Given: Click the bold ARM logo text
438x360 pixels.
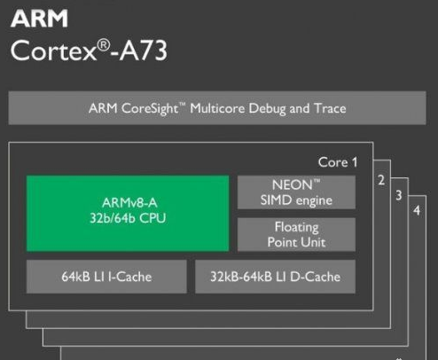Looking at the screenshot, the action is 39,19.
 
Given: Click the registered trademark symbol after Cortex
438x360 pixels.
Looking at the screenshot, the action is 104,45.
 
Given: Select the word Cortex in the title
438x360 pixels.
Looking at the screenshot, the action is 53,51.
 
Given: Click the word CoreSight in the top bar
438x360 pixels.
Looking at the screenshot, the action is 150,108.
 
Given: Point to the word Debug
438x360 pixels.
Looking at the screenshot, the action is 267,108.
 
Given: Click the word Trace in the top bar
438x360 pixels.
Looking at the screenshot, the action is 330,108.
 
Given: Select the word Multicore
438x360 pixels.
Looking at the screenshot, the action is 217,108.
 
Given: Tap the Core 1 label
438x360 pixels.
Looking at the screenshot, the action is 338,162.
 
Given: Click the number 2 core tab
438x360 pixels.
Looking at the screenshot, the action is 381,180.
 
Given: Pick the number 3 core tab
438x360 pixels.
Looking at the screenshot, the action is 399,195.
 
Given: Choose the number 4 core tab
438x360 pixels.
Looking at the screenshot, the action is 417,210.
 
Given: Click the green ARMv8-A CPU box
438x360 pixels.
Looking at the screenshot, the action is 128,214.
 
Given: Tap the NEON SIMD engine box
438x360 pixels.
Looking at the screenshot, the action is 296,192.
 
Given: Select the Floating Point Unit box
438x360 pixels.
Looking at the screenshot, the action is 296,235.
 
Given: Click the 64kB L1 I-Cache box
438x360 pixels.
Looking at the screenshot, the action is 106,277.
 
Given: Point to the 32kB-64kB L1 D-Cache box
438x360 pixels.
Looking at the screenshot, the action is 275,277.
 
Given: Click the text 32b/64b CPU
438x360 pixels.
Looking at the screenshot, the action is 128,218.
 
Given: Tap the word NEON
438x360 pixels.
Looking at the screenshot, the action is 292,185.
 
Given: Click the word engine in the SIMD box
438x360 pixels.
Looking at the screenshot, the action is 314,201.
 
